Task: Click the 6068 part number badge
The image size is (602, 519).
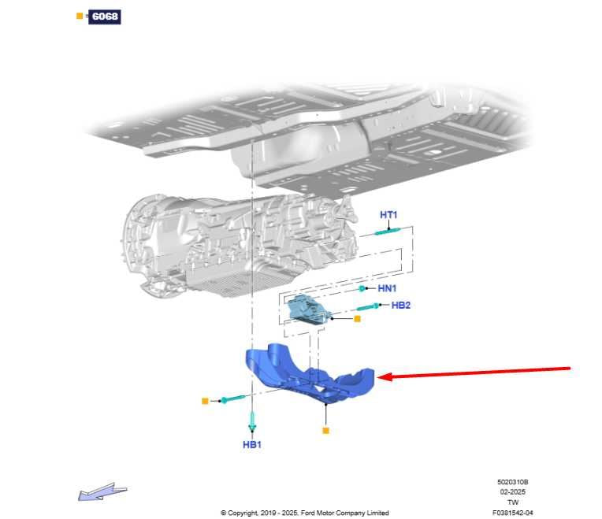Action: tap(105, 17)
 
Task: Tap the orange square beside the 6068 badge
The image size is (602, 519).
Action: tap(80, 16)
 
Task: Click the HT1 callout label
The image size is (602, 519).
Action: tap(388, 215)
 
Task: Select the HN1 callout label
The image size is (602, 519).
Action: tap(387, 288)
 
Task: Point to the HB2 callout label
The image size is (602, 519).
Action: tap(401, 305)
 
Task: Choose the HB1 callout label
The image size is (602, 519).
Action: tap(252, 445)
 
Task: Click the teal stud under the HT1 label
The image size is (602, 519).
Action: tap(388, 232)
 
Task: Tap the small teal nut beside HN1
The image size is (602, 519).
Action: tap(362, 288)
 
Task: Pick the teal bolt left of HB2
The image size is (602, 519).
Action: tap(368, 306)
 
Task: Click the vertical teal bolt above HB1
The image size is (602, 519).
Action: tap(252, 421)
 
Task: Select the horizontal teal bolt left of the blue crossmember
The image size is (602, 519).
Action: tap(232, 399)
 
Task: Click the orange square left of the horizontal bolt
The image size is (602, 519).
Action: tap(205, 401)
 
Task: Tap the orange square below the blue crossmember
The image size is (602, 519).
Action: tap(325, 430)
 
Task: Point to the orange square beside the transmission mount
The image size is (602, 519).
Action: tap(357, 318)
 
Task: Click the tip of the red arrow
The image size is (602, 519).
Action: tap(378, 377)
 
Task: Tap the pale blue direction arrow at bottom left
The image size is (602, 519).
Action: tap(102, 491)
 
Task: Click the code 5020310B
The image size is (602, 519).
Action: tap(512, 482)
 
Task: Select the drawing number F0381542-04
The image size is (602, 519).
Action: tap(512, 512)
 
